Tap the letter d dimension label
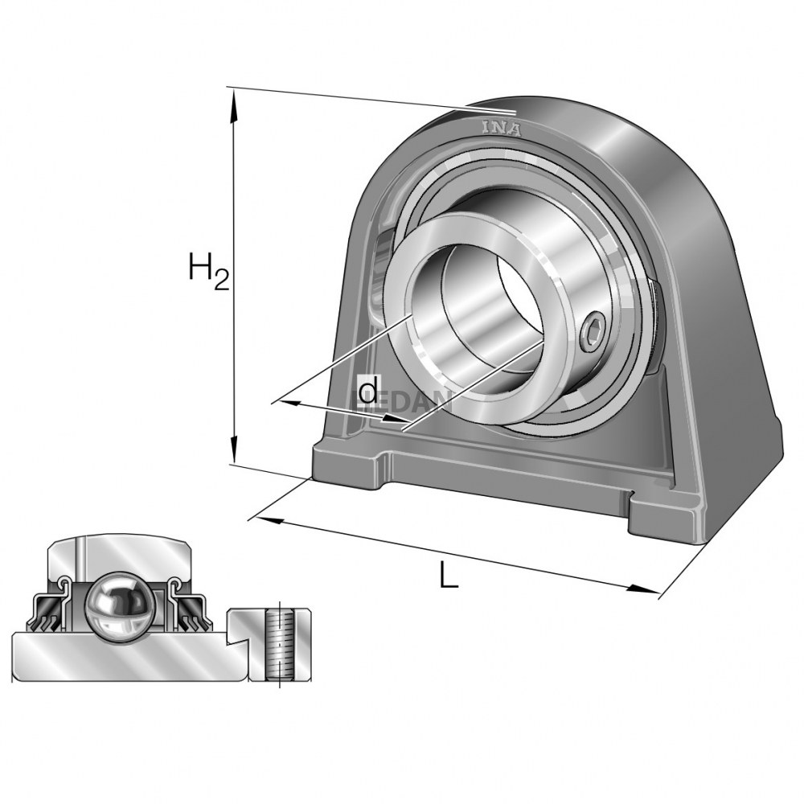pos(367,392)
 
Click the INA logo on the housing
pos(501,127)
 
